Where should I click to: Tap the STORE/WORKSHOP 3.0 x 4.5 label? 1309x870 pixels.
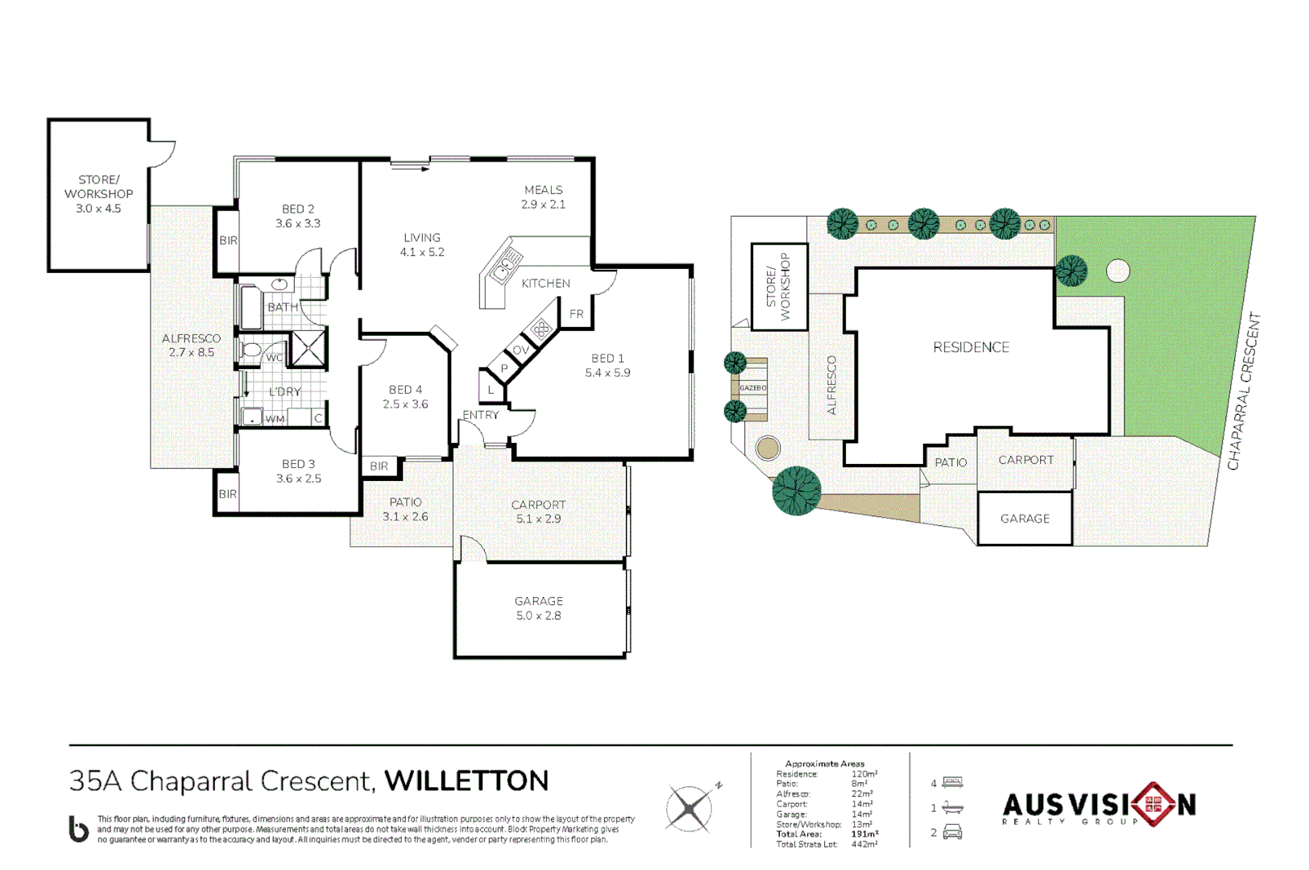pyautogui.click(x=98, y=194)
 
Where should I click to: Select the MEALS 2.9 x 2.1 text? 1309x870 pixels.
pyautogui.click(x=543, y=197)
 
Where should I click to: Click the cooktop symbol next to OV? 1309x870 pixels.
pyautogui.click(x=541, y=329)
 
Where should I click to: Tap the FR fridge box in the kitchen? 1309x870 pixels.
pyautogui.click(x=577, y=314)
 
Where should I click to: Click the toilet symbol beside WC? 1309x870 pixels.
pyautogui.click(x=252, y=350)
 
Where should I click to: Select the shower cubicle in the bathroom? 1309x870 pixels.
pyautogui.click(x=308, y=348)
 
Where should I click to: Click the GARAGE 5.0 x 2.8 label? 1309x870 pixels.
pyautogui.click(x=538, y=608)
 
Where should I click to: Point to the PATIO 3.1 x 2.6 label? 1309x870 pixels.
pyautogui.click(x=405, y=509)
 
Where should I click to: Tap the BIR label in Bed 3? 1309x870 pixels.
pyautogui.click(x=227, y=494)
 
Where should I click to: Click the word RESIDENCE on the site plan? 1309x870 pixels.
pyautogui.click(x=971, y=347)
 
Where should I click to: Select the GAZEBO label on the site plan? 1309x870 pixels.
pyautogui.click(x=752, y=388)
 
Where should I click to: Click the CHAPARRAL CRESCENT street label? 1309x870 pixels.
pyautogui.click(x=1242, y=391)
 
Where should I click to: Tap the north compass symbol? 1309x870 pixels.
pyautogui.click(x=690, y=808)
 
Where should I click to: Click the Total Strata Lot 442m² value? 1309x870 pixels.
pyautogui.click(x=864, y=844)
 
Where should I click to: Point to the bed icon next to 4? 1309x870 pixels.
pyautogui.click(x=953, y=782)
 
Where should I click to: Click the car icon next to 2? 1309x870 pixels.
pyautogui.click(x=952, y=832)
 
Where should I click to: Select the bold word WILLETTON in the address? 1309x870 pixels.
pyautogui.click(x=466, y=781)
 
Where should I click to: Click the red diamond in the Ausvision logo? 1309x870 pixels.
pyautogui.click(x=1154, y=804)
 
